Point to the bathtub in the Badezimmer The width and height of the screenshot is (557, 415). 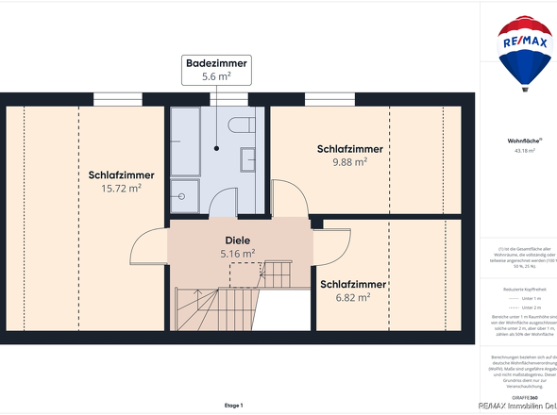pos(185,141)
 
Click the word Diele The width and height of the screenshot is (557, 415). pos(237,240)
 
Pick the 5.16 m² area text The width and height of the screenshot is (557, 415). pos(237,254)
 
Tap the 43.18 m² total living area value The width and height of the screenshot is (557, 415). pos(525,150)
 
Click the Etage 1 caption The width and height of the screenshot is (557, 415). pos(233,405)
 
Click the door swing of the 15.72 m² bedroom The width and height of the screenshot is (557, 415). pos(149,249)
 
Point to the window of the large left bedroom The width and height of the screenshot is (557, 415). pos(118,99)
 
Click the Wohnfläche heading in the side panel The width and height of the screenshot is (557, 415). pos(524,141)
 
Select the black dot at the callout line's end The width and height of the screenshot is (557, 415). pos(217,148)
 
